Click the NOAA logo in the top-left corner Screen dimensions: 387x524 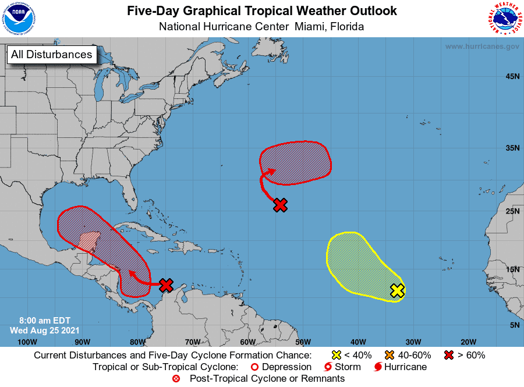19,19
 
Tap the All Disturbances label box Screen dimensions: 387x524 51,55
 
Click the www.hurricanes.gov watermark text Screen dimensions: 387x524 482,47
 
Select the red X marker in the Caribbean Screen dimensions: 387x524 167,285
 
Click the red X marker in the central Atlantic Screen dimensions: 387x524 281,205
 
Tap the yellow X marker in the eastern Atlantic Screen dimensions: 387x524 397,290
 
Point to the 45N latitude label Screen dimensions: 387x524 512,77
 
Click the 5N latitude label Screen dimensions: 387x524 514,325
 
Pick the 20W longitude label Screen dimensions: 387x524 468,342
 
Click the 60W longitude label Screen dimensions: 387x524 247,342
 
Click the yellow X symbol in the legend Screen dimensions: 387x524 336,355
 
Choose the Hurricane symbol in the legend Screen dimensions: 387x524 378,367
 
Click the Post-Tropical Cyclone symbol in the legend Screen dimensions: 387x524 176,379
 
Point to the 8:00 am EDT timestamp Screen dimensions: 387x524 40,320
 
